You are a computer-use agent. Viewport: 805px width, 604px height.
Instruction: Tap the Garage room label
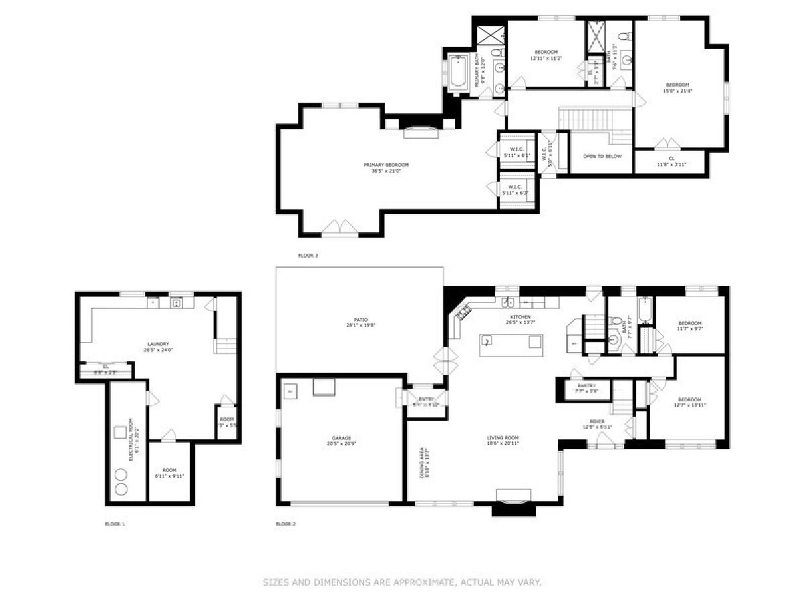[x=341, y=438]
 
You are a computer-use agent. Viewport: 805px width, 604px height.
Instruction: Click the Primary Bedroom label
[x=386, y=164]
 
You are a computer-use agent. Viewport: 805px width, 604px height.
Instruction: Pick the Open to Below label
[x=602, y=156]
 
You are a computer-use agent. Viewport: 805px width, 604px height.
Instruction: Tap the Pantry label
[x=587, y=386]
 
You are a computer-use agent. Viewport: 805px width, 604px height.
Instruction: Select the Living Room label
[x=503, y=438]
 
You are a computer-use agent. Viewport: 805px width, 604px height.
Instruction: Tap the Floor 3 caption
[x=308, y=256]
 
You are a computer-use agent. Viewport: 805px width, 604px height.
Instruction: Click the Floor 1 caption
[x=115, y=523]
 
